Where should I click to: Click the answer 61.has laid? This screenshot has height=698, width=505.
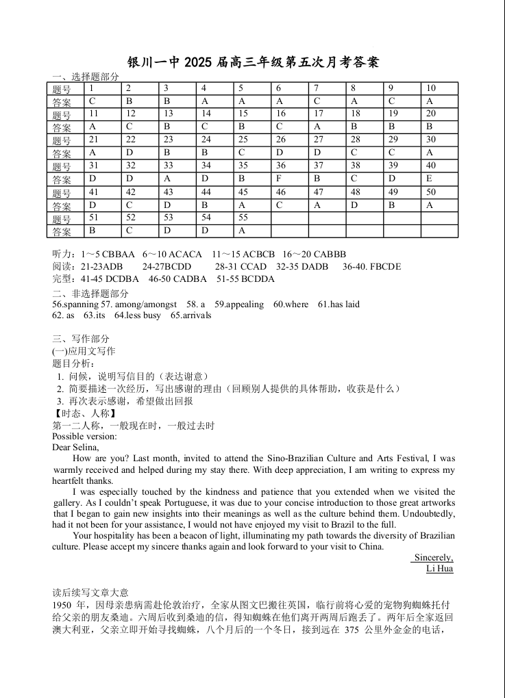tap(338, 304)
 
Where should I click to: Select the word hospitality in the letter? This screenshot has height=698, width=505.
tap(116, 536)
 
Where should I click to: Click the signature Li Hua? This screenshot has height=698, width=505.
tap(439, 569)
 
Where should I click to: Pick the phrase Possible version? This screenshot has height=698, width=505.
tap(84, 437)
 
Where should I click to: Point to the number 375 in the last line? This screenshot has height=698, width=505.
tap(352, 630)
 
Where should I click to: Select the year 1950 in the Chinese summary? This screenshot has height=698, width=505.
tap(63, 606)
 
